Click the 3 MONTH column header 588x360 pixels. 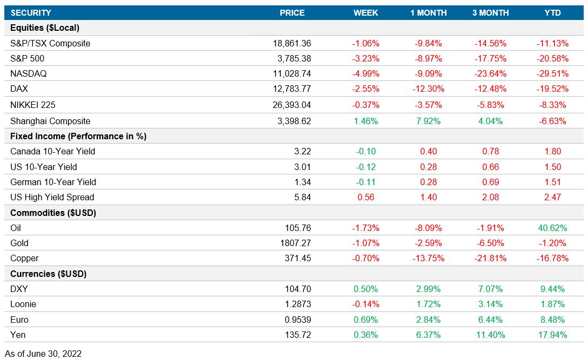[490, 13]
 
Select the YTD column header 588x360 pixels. [552, 13]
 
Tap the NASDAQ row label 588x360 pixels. [28, 74]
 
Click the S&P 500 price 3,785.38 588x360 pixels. [292, 58]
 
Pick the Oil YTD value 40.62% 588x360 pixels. [552, 228]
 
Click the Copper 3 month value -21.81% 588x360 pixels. [490, 258]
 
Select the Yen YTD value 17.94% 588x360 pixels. [552, 335]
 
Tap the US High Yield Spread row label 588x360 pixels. [52, 197]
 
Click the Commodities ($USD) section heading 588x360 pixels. [53, 213]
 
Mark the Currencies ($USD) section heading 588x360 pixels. [49, 274]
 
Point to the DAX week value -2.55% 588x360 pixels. [366, 89]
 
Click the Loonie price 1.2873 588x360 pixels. [298, 304]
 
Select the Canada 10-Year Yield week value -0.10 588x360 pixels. [366, 151]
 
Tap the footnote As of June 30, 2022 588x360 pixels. [43, 354]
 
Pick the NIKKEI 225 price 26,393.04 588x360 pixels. [292, 105]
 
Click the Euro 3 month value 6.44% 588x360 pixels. [490, 319]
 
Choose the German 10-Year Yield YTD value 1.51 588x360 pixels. [552, 182]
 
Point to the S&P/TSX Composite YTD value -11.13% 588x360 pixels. [552, 43]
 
